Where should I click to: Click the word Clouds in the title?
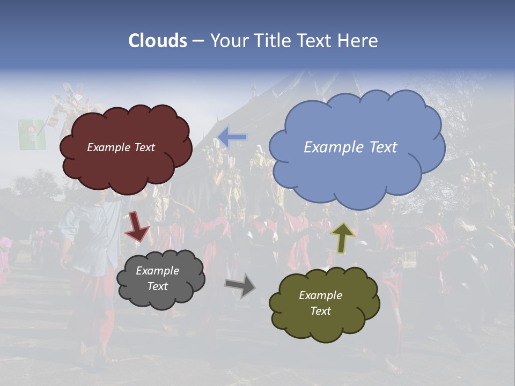point(158,41)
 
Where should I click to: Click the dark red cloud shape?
point(126,166)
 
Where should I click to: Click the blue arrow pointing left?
point(232,137)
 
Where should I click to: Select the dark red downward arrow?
point(137,226)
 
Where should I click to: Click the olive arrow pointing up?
point(343,237)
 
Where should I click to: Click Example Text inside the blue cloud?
point(350,147)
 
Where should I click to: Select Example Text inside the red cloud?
point(121,147)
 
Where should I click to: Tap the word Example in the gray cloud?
point(157,271)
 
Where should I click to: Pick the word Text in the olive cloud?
point(320,311)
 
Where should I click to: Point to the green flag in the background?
point(32,135)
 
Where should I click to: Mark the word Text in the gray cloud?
point(157,286)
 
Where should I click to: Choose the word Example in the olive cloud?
point(320,295)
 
